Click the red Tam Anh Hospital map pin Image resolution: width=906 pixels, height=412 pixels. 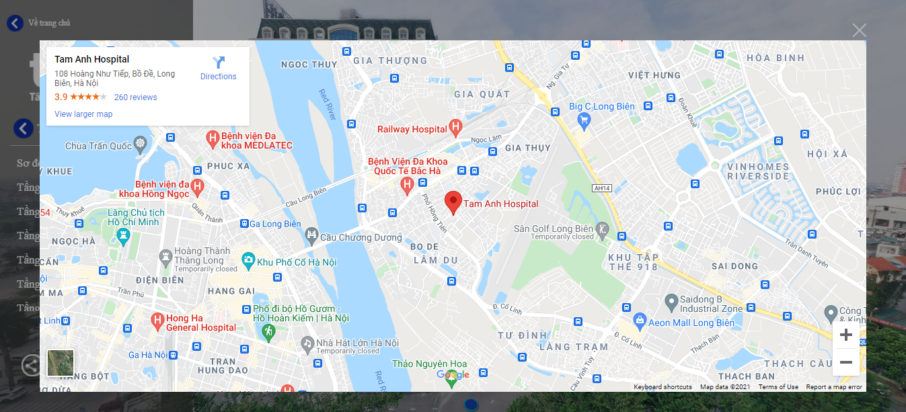point(453,201)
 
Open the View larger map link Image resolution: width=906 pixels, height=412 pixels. point(83,114)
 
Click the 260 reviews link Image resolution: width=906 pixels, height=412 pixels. point(135,97)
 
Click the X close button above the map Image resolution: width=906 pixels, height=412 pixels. point(859,30)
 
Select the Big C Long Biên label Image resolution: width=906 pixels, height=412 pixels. point(602,107)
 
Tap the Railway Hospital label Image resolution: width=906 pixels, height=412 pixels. point(412,129)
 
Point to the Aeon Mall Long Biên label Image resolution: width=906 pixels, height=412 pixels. point(691,323)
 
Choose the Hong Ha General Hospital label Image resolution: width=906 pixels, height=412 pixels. point(200,323)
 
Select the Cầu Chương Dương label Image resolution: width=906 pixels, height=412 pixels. point(361,237)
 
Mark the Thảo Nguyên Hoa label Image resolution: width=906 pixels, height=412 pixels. point(429,364)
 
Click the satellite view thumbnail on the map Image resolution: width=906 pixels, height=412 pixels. point(61,363)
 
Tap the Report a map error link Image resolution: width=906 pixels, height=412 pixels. point(833,387)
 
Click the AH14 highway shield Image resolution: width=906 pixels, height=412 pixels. point(601,189)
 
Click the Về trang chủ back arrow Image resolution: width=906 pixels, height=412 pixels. point(15,23)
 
